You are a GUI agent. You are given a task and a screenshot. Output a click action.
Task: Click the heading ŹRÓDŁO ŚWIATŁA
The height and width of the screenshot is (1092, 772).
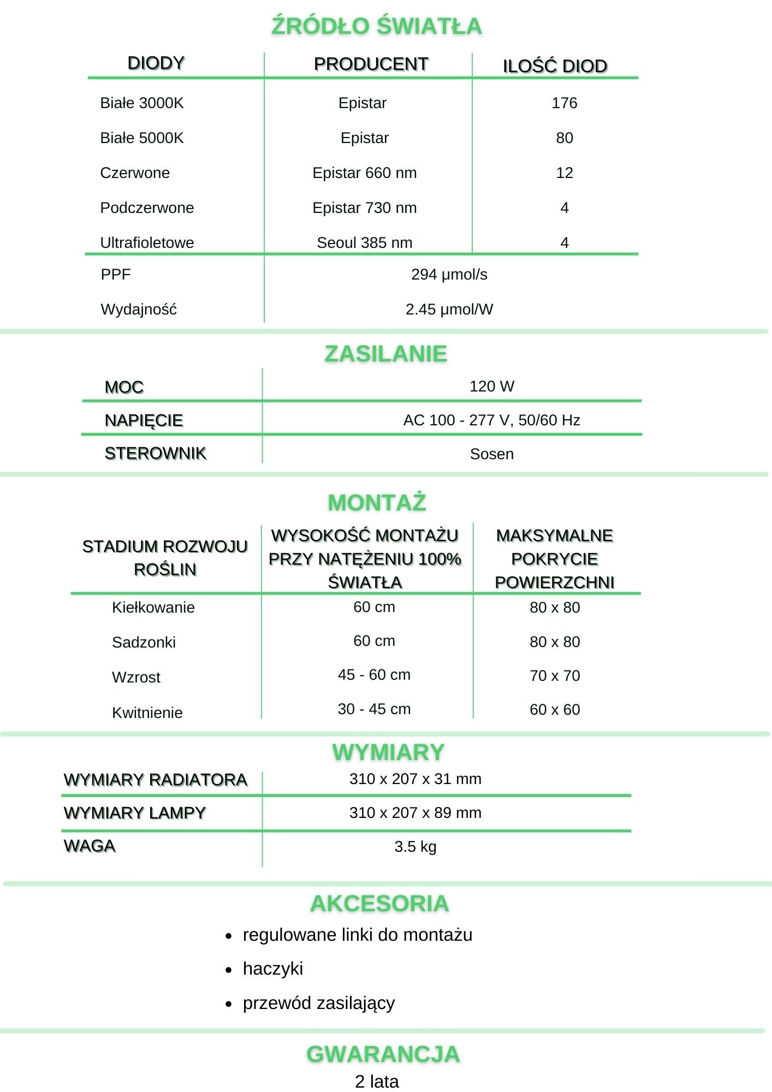377,26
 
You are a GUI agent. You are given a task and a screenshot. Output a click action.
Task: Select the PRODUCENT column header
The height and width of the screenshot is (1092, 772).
371,64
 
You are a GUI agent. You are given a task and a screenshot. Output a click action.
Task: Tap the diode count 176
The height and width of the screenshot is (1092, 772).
564,103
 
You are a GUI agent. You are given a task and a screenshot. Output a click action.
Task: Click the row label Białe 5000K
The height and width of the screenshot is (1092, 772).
141,138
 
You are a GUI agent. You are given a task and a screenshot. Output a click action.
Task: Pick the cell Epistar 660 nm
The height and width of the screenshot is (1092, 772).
364,173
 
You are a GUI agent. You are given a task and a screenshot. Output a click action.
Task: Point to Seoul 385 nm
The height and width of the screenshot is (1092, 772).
364,242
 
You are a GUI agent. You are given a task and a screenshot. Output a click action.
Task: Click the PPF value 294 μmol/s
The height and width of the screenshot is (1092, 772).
449,274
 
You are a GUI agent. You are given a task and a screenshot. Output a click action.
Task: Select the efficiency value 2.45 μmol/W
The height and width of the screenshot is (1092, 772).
449,309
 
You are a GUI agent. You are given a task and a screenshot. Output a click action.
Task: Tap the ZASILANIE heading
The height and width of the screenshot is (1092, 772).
385,354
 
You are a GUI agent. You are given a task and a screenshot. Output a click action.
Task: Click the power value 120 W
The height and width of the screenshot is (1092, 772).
491,387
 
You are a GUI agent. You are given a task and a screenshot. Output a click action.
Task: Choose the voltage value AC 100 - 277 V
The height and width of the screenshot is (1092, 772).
491,420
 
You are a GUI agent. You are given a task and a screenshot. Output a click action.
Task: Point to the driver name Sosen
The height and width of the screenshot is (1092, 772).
491,454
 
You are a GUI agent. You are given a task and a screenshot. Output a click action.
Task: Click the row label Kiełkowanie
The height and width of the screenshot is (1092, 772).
153,607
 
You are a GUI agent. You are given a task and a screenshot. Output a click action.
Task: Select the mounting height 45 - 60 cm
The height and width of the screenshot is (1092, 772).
374,675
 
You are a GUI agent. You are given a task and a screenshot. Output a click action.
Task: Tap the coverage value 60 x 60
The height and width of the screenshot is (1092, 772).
555,709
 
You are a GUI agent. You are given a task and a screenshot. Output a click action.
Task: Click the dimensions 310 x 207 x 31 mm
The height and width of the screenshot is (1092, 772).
415,779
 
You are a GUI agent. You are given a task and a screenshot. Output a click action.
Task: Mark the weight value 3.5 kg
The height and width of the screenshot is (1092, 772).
415,846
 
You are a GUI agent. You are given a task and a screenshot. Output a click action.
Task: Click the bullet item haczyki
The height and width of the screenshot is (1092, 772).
272,969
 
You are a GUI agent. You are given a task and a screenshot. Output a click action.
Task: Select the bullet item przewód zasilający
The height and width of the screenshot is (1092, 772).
318,1003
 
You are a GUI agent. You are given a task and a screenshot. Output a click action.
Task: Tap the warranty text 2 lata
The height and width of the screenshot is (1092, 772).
377,1081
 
